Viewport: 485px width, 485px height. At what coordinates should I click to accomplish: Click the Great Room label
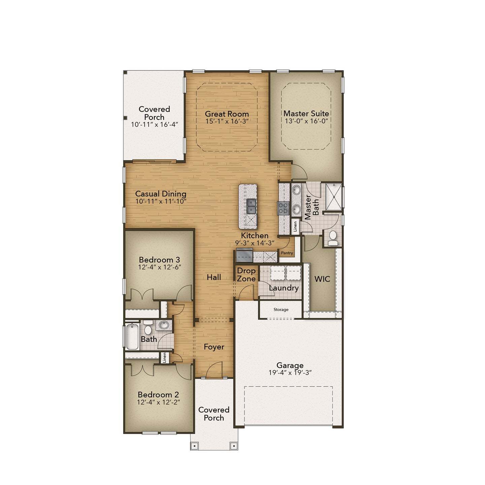tap(227, 114)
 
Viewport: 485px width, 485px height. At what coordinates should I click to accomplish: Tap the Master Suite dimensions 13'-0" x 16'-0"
tap(306, 121)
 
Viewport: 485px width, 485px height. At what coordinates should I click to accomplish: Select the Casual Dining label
tap(161, 194)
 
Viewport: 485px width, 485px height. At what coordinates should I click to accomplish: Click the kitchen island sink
tap(251, 206)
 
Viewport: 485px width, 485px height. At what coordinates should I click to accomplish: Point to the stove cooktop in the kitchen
tap(283, 208)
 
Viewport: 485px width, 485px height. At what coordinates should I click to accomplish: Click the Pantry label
tap(287, 253)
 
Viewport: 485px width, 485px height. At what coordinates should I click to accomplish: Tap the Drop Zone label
tap(246, 274)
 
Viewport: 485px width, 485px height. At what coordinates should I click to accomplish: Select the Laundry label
tap(284, 288)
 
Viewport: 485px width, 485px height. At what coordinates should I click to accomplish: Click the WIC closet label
tap(322, 279)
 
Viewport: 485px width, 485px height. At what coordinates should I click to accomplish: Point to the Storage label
tap(281, 310)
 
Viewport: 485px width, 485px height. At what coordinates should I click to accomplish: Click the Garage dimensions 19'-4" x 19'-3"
tap(290, 373)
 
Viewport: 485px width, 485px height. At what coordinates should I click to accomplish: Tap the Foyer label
tap(214, 347)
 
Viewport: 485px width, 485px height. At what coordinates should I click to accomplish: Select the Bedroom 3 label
tap(159, 260)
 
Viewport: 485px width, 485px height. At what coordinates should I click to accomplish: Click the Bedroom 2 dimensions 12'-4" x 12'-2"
tap(159, 402)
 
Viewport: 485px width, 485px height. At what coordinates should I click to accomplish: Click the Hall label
tap(214, 277)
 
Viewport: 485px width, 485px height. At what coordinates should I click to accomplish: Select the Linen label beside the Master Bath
tap(295, 226)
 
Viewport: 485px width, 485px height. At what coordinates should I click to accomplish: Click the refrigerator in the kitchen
tap(244, 255)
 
